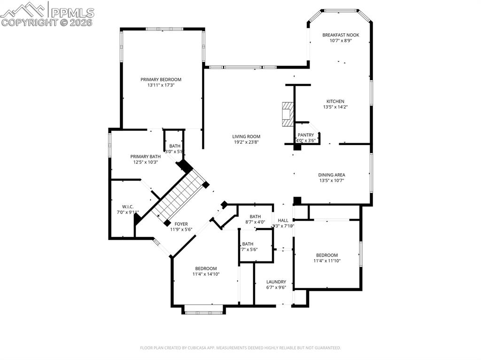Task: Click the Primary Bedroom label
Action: pos(161,79)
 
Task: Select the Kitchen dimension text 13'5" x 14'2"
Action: pos(335,107)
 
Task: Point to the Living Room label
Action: pos(247,137)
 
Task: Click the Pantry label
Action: pos(305,135)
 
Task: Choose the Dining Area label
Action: pos(332,175)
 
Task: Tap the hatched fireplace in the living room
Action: pos(287,114)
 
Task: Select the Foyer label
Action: pos(181,224)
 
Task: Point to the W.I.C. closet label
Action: pos(128,206)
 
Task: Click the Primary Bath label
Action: pos(145,156)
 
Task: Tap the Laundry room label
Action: pos(276,282)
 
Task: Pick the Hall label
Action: pos(283,220)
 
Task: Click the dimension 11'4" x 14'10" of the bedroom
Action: pos(206,274)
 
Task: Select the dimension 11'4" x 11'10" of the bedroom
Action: pos(327,261)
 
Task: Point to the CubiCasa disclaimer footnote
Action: pos(240,348)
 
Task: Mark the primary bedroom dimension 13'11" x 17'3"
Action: pos(161,85)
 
